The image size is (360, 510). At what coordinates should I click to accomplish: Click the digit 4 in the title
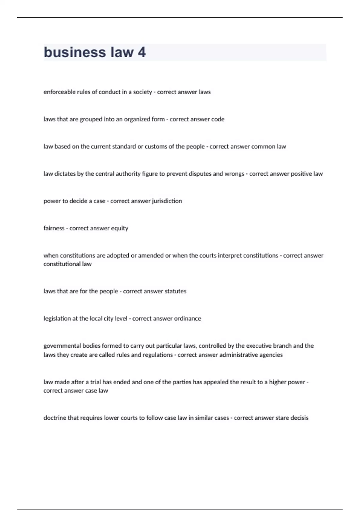point(142,52)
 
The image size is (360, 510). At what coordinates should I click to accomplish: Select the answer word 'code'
point(218,119)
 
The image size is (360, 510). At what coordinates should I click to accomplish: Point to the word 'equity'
point(120,228)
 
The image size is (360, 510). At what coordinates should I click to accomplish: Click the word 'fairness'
point(54,228)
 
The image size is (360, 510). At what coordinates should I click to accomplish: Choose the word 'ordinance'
point(187,318)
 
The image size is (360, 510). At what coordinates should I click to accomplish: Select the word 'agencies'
point(271,355)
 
